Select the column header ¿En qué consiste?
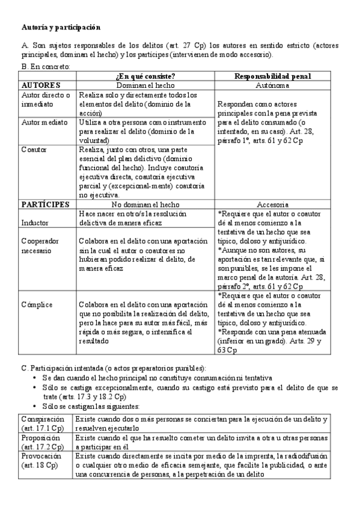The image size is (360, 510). (145, 76)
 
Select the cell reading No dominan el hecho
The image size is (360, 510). (145, 204)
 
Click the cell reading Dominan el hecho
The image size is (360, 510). (145, 85)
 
